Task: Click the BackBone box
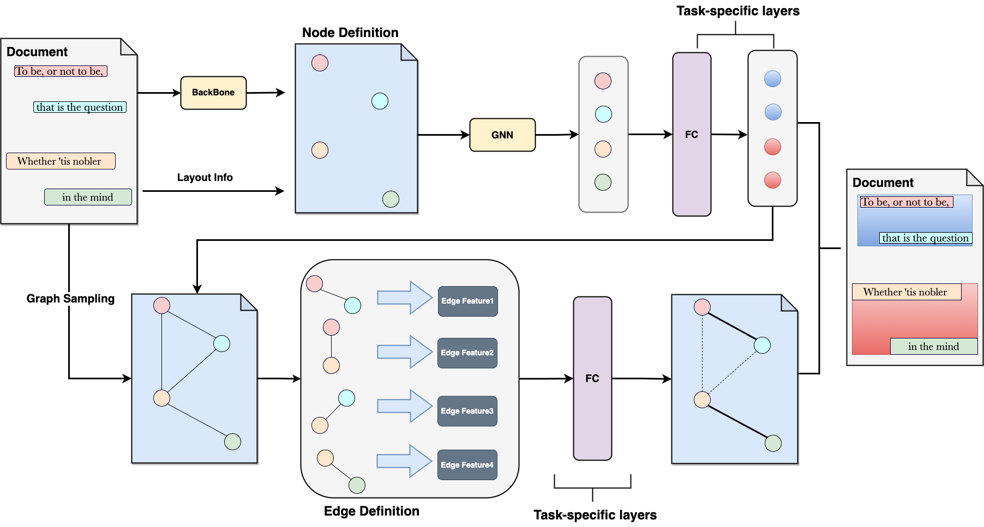tap(213, 93)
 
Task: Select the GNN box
tap(502, 135)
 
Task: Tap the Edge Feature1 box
tap(467, 301)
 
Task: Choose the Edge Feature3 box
tap(467, 411)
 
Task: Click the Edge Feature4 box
tap(467, 465)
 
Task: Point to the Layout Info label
tap(205, 177)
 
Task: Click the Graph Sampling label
tap(70, 299)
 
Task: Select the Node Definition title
tap(350, 33)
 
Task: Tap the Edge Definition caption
tap(371, 511)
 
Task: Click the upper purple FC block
tap(692, 134)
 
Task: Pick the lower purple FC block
tap(592, 378)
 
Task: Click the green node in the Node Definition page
tap(391, 199)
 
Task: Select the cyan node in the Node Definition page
tap(380, 101)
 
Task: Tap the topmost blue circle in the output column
tap(772, 79)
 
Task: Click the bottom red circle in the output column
tap(772, 180)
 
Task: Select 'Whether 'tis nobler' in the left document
tap(60, 161)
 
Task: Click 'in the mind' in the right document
tap(933, 347)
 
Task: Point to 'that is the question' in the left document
tap(80, 107)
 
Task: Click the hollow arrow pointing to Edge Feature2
tap(405, 352)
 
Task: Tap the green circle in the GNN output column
tap(603, 182)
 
